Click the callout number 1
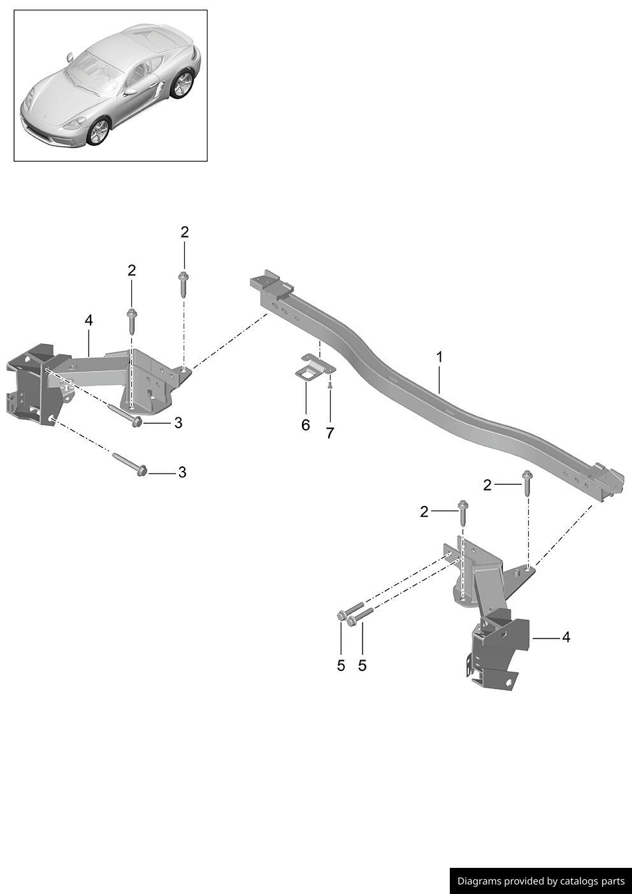point(439,357)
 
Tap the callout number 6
point(305,425)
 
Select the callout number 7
point(329,433)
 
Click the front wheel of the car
point(98,131)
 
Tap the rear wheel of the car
point(182,84)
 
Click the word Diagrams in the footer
point(479,881)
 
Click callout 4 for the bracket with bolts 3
point(89,320)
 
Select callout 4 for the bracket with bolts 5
point(566,637)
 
